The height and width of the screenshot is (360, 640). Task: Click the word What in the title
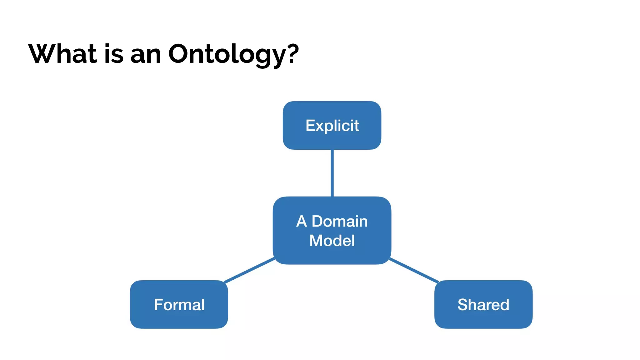tap(62, 54)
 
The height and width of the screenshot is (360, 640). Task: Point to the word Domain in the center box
tap(340, 221)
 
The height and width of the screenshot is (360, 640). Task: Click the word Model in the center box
tap(332, 241)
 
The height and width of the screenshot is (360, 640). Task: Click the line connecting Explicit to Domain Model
tap(332, 173)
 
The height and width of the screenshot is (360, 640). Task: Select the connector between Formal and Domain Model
tap(249, 270)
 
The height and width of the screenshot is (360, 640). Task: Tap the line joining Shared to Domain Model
tap(414, 270)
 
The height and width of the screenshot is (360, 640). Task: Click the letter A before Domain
tap(302, 221)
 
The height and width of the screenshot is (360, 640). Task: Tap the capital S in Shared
tap(463, 305)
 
